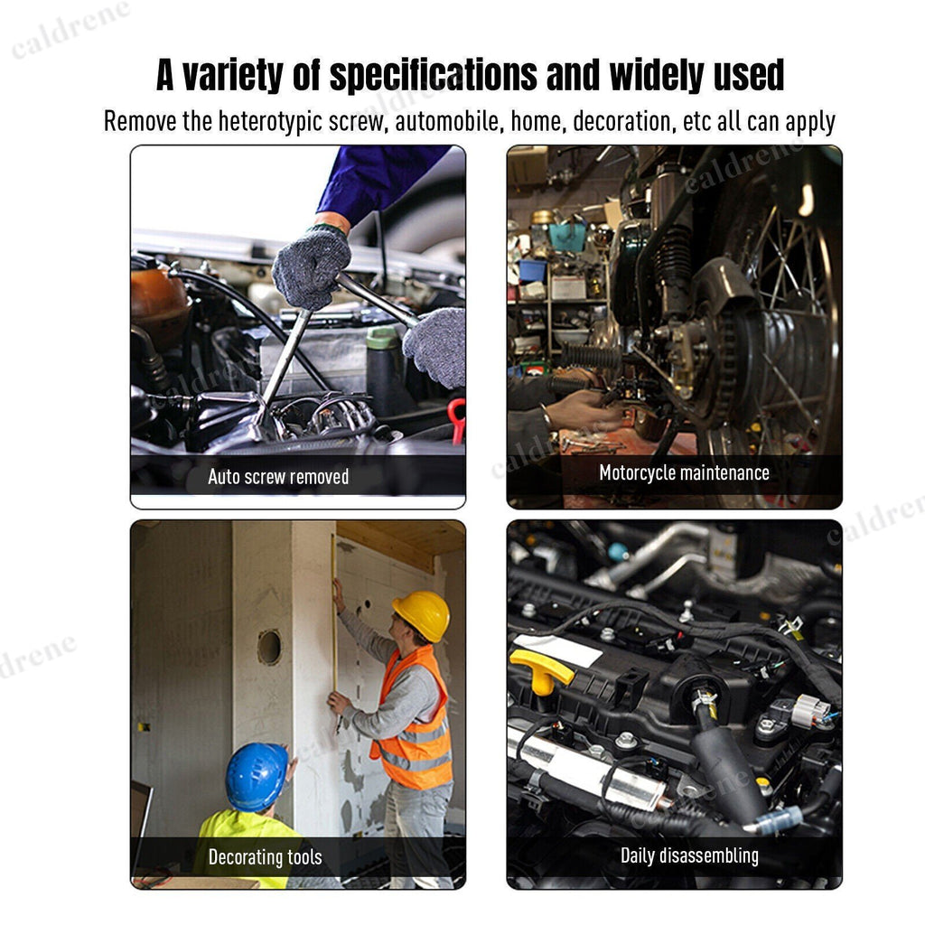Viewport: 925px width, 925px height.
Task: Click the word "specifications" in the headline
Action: click(433, 75)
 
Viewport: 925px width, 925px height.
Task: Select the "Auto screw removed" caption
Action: click(278, 477)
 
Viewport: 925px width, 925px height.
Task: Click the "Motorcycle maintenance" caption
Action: click(684, 473)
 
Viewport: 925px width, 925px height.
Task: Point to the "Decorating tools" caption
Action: click(265, 857)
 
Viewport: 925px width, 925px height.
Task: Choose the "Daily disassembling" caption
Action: click(689, 856)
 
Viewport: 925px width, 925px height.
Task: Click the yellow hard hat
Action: click(423, 615)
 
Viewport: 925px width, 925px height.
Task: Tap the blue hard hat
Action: click(257, 776)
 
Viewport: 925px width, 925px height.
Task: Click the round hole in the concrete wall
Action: click(269, 647)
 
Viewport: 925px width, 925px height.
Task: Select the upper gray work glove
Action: click(311, 267)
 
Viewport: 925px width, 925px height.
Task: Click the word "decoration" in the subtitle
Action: click(621, 122)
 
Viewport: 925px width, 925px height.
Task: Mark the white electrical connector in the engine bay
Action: click(809, 710)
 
